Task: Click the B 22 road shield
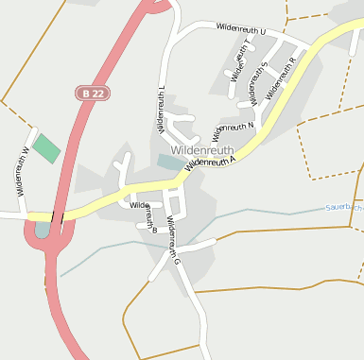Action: [91, 93]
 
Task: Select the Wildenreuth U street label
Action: [240, 31]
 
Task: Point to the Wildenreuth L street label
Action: [162, 108]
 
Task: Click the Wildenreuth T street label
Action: [240, 60]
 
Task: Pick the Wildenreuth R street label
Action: [282, 77]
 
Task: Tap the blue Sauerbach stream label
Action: [343, 206]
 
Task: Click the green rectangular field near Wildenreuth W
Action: [45, 147]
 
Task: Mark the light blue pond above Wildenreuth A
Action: [171, 163]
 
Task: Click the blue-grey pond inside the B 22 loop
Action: [42, 229]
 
